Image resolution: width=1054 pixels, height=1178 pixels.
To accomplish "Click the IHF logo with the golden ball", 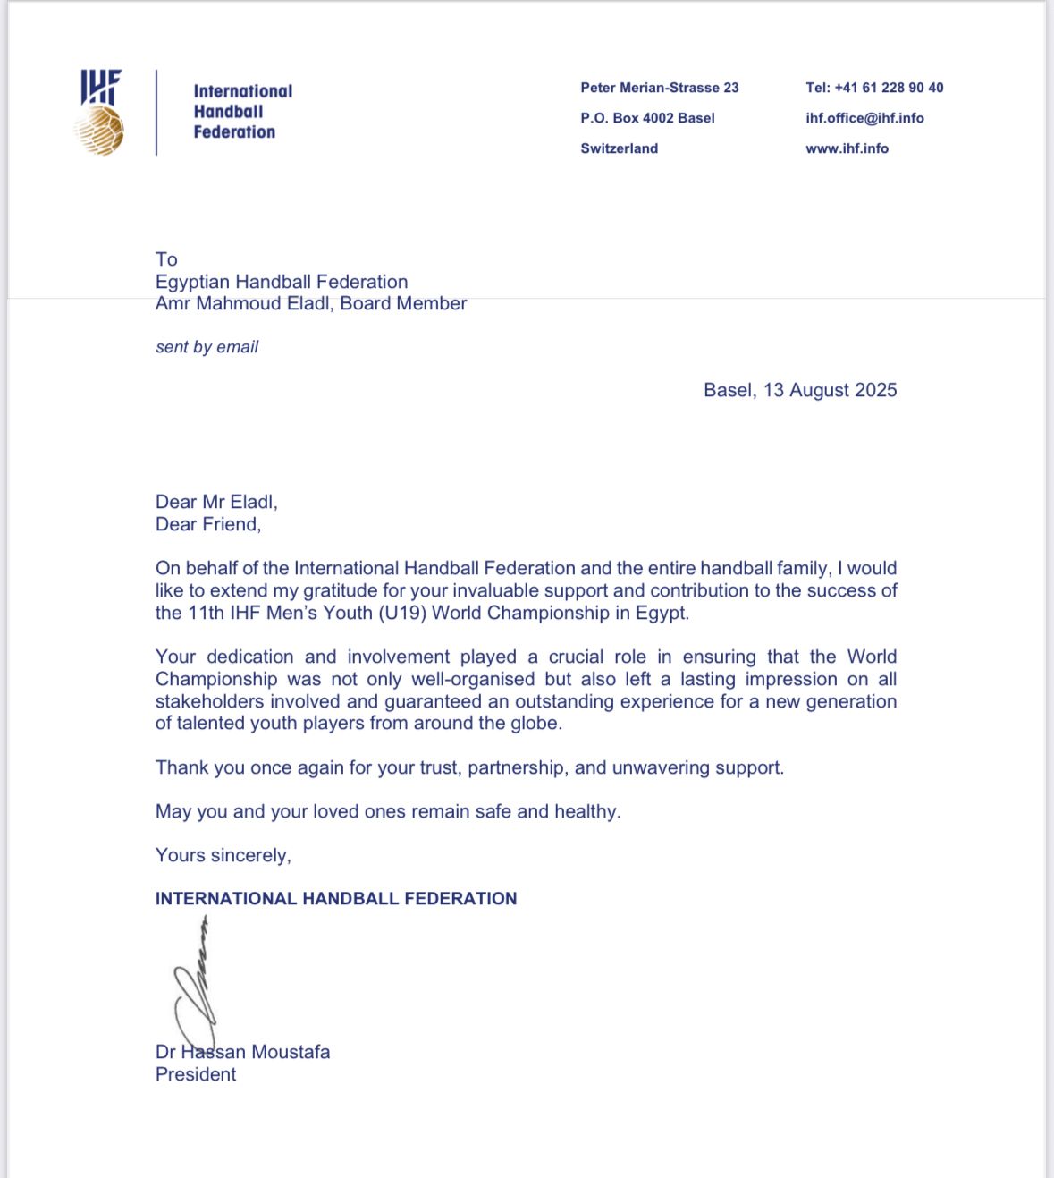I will click(101, 113).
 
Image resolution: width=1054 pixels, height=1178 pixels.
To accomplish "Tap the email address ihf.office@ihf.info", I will click(864, 118).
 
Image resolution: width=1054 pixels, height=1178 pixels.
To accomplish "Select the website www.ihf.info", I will click(847, 148).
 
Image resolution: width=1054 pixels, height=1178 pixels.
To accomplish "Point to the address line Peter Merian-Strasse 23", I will click(659, 88).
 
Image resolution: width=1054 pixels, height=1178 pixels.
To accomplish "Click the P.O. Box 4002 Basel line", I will click(647, 118).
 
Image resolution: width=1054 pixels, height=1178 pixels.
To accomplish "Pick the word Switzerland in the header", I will click(619, 148).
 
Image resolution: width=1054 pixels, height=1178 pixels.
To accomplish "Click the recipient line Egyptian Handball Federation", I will click(282, 282).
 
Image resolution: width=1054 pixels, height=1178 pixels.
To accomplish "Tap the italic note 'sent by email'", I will click(207, 347).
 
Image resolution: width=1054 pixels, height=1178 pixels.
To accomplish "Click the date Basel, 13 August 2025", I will click(799, 390).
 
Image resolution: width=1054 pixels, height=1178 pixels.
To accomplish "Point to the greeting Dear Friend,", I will click(208, 524).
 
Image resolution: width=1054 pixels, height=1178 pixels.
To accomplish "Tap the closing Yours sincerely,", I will click(223, 855).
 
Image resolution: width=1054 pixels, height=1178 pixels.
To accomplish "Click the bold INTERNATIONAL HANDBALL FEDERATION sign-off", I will click(336, 899).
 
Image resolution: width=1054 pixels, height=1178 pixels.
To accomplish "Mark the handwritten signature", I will click(196, 984).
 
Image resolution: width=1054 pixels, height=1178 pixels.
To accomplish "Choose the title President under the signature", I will click(196, 1074).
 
